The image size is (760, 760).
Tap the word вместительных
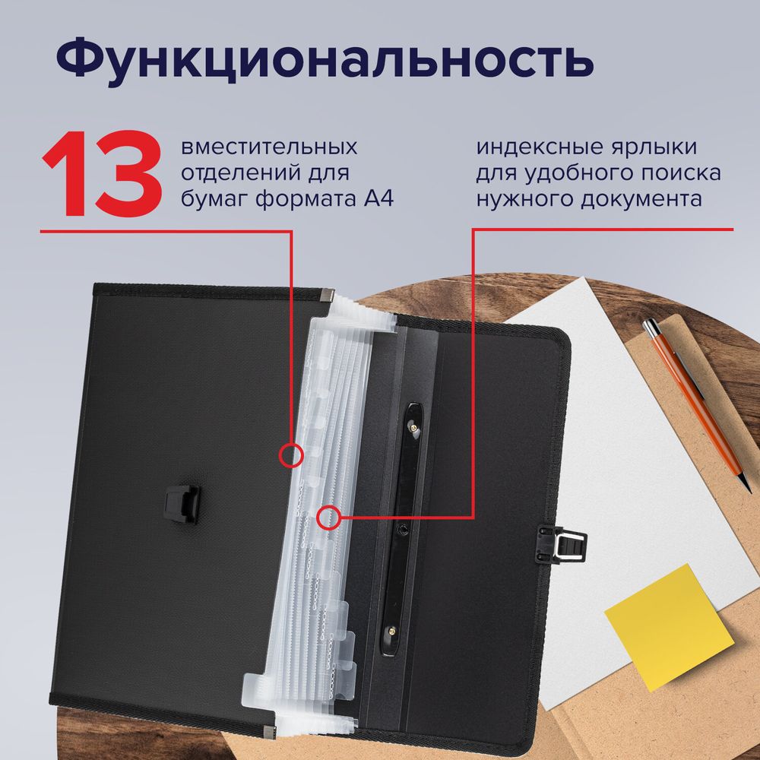pyautogui.click(x=270, y=147)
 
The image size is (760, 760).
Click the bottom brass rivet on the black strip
pyautogui.click(x=392, y=629)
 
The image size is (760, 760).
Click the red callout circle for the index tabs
pyautogui.click(x=329, y=518)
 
